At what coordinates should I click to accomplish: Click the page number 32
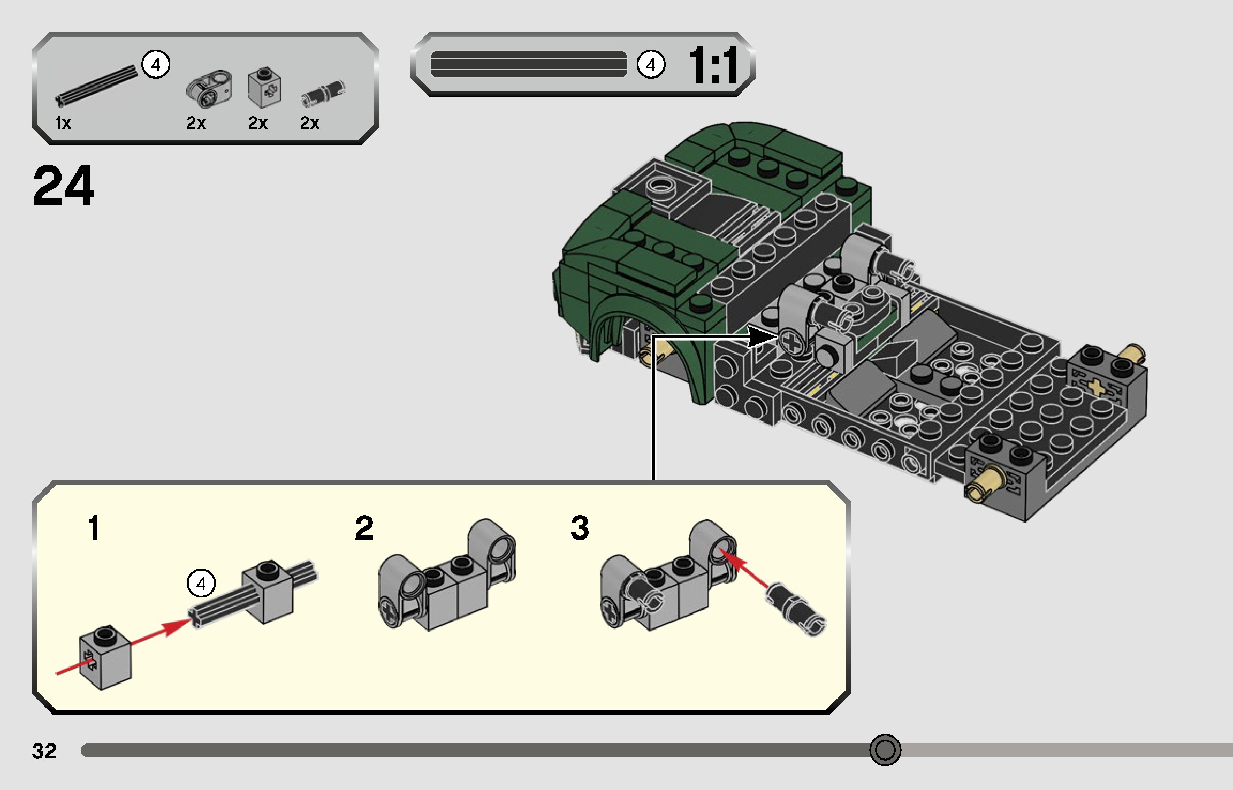click(44, 751)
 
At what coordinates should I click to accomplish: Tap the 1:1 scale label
click(714, 65)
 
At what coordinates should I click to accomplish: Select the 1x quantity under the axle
click(63, 123)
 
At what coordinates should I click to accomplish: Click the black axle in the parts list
click(96, 85)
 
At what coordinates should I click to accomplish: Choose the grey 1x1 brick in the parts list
click(264, 87)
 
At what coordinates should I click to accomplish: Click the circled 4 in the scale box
click(651, 65)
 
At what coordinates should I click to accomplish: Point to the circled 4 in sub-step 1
click(201, 583)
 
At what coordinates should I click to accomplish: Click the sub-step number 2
click(364, 528)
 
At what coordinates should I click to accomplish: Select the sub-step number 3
click(580, 528)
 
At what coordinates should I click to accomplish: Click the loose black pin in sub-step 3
click(796, 609)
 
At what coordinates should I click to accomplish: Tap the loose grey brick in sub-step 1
click(105, 657)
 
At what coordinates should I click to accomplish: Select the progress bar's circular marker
click(885, 750)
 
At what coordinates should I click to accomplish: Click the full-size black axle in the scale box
click(528, 65)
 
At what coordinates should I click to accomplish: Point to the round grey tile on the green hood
click(661, 187)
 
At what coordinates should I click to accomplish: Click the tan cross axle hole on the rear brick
click(1096, 387)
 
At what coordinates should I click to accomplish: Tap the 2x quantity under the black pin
click(309, 123)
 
